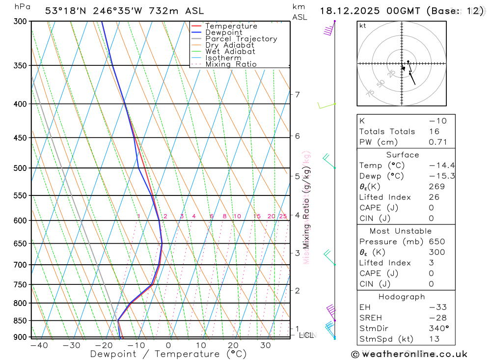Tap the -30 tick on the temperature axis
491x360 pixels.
coord(72,346)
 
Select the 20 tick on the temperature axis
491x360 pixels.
coord(233,346)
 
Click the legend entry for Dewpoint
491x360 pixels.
coord(223,32)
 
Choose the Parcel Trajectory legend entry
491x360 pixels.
coord(241,39)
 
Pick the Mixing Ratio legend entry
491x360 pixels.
coord(231,64)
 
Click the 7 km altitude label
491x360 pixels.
coord(298,94)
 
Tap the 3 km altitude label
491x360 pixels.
coord(298,253)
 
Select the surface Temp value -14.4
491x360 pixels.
coord(435,166)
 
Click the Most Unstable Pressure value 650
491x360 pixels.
coord(436,242)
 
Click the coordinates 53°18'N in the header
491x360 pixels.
coord(66,11)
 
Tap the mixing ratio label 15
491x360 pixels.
coord(257,216)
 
